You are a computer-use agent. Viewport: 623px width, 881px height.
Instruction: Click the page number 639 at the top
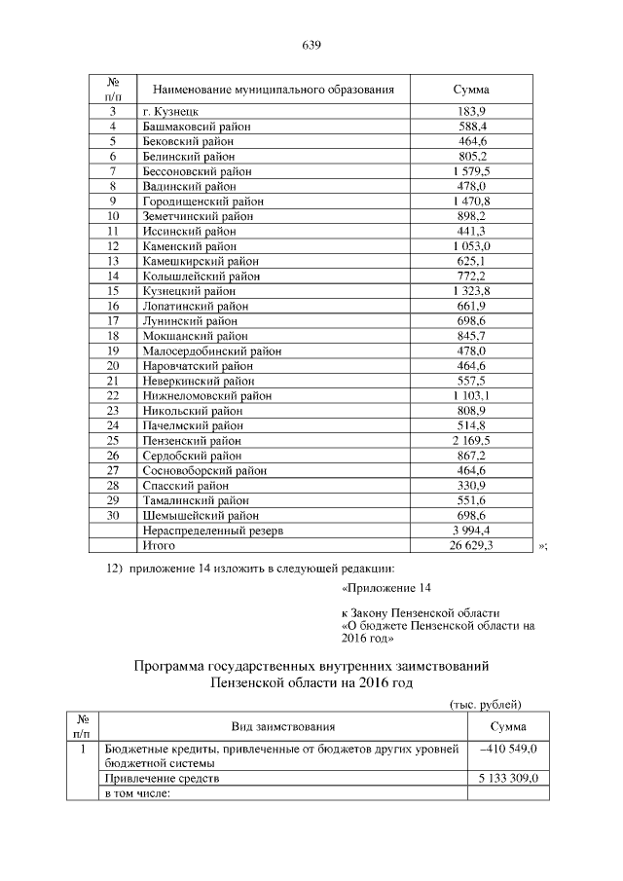pyautogui.click(x=311, y=46)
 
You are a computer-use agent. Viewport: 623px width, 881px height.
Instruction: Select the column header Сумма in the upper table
pyautogui.click(x=471, y=90)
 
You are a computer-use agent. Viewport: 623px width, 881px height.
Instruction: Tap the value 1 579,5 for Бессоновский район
pyautogui.click(x=471, y=170)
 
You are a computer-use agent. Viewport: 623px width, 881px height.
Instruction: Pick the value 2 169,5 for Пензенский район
pyautogui.click(x=471, y=441)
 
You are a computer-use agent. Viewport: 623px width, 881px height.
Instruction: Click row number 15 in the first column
pyautogui.click(x=113, y=291)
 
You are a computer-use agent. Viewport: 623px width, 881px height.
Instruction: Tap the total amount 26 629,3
pyautogui.click(x=471, y=546)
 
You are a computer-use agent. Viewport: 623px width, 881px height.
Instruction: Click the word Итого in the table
pyautogui.click(x=161, y=546)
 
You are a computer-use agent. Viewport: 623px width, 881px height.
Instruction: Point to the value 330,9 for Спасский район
pyautogui.click(x=471, y=486)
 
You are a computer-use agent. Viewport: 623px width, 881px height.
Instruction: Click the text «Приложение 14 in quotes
pyautogui.click(x=385, y=589)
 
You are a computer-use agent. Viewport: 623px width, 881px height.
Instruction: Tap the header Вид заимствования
pyautogui.click(x=283, y=726)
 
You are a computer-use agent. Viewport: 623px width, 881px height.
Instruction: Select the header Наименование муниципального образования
pyautogui.click(x=274, y=90)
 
